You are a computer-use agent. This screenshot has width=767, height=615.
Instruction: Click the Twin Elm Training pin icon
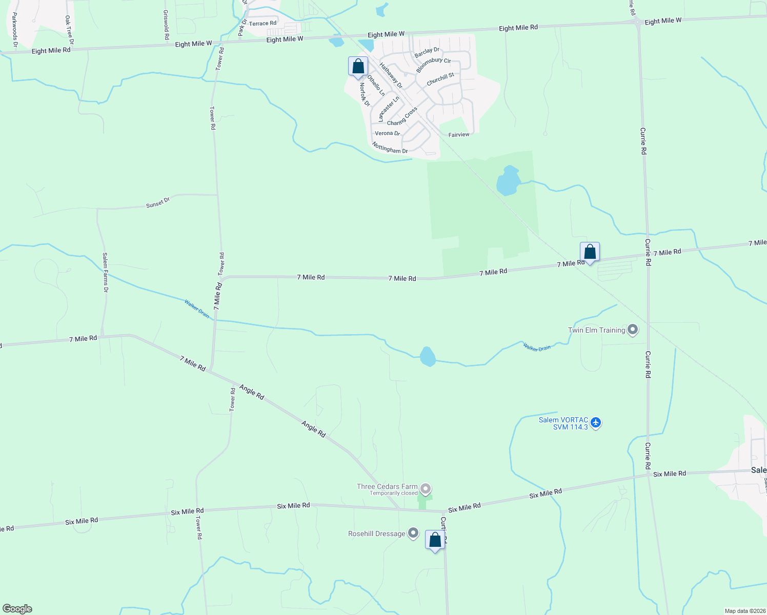633,330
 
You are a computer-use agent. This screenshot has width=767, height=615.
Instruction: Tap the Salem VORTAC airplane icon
595,423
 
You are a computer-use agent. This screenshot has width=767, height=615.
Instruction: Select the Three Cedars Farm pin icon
425,488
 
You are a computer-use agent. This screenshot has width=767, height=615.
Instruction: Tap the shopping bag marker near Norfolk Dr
358,67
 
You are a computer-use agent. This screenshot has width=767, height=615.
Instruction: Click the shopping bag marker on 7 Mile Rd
590,252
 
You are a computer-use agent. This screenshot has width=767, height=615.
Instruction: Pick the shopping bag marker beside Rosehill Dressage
435,540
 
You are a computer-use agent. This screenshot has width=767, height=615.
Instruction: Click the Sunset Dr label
158,203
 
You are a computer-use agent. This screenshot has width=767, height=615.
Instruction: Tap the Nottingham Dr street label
390,148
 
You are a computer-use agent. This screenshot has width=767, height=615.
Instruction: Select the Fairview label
459,135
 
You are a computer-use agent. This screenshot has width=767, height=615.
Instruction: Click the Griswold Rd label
166,25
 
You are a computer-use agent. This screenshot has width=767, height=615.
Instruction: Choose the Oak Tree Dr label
69,29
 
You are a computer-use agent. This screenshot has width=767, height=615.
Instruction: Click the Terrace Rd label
263,24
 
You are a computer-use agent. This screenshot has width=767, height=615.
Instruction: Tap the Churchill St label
440,79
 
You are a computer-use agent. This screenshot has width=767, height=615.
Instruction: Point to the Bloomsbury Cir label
433,65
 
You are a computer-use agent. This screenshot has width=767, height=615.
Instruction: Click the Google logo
17,609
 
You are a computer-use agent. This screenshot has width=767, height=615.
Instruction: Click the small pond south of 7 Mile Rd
428,357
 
